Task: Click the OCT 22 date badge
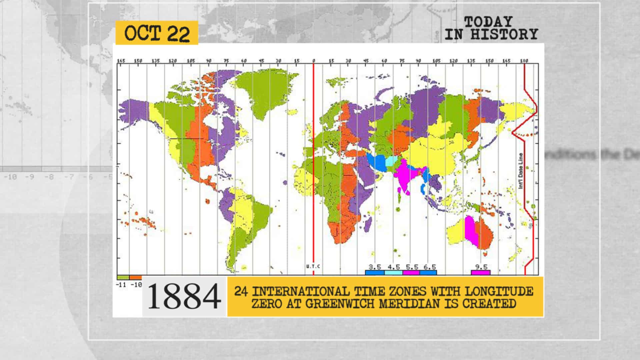coord(157,33)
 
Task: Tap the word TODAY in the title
coord(488,22)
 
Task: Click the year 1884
coord(184,296)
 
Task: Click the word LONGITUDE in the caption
coord(499,291)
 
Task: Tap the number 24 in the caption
coord(241,291)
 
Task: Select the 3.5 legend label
coord(375,267)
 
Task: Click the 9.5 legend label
coord(481,267)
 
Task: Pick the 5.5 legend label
coord(412,267)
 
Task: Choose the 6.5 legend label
coord(430,267)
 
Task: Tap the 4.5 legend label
coord(394,267)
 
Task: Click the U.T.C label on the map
coord(313,266)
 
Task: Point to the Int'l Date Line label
coord(521,171)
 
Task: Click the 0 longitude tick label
coord(313,61)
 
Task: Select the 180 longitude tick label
coord(524,61)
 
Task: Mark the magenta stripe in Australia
coord(471,230)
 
